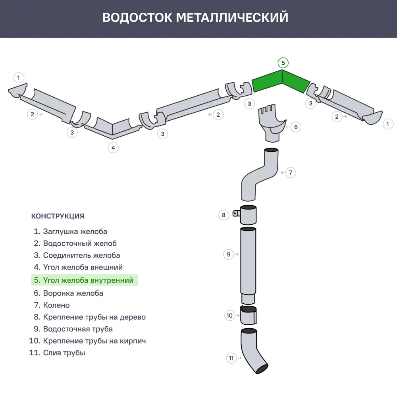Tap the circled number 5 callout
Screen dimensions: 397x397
coord(283,63)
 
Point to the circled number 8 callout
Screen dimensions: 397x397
coord(224,215)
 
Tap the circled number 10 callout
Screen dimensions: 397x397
coord(229,316)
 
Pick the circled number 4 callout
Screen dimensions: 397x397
coord(113,148)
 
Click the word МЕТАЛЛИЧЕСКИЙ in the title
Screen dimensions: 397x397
coord(232,18)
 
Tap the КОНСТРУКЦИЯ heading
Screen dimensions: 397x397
coord(58,216)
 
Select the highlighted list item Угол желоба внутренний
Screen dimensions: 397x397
coord(84,280)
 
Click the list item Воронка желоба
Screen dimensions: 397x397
coord(73,293)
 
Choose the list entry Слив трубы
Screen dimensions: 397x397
coord(64,353)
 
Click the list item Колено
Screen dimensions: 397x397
coord(56,305)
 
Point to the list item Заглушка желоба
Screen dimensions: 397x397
coord(75,231)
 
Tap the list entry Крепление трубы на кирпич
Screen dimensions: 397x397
coord(94,341)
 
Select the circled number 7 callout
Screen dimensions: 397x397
coord(291,173)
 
